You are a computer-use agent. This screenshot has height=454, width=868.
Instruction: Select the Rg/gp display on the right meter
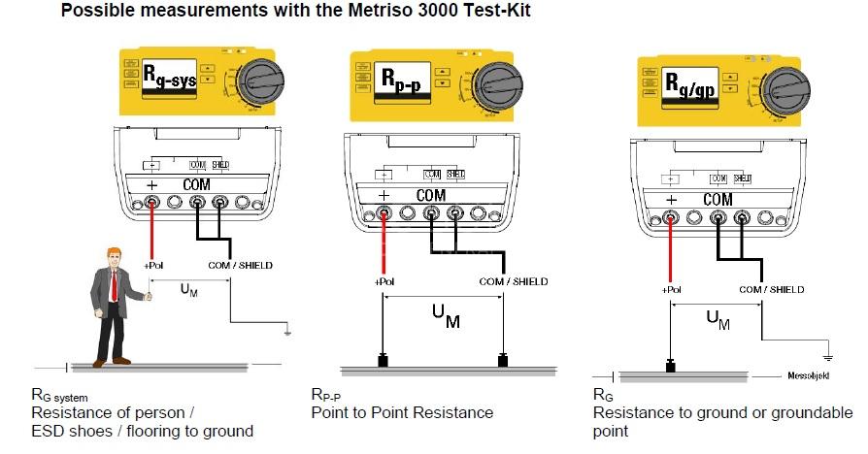click(x=691, y=81)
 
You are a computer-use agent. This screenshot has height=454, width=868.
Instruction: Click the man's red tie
click(x=116, y=288)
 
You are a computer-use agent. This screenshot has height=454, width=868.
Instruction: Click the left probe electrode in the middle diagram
click(x=383, y=363)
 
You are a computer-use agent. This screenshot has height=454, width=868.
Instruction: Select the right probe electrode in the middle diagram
click(x=503, y=363)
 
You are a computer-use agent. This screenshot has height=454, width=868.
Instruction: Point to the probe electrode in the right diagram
click(x=670, y=367)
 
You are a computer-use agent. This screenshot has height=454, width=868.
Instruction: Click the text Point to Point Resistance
click(x=402, y=412)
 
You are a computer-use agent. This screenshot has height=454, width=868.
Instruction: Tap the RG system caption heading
click(x=61, y=397)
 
